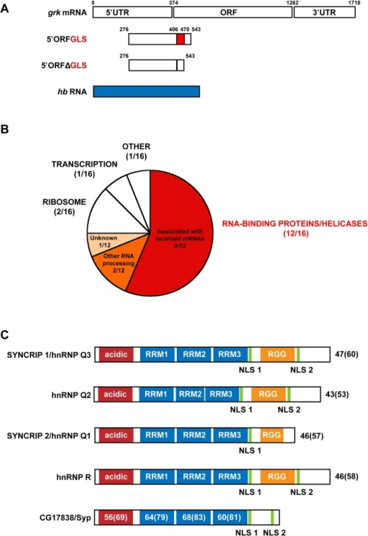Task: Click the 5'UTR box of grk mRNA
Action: pyautogui.click(x=132, y=13)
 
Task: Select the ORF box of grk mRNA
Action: pyautogui.click(x=233, y=13)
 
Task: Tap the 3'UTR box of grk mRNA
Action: pyautogui.click(x=325, y=13)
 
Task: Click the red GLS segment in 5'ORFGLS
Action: pyautogui.click(x=180, y=39)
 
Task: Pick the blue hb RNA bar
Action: pyautogui.click(x=147, y=92)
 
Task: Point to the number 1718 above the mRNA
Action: pyautogui.click(x=354, y=3)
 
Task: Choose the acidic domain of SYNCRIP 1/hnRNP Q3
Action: pyautogui.click(x=116, y=354)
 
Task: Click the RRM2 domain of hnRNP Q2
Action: pyautogui.click(x=190, y=394)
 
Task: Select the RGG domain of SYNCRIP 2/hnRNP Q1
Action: pyautogui.click(x=272, y=435)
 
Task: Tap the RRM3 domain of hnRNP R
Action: pyautogui.click(x=229, y=476)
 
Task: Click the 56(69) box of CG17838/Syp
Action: pyautogui.click(x=116, y=517)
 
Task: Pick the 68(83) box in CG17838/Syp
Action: pyautogui.click(x=193, y=517)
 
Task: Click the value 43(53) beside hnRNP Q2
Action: pyautogui.click(x=337, y=394)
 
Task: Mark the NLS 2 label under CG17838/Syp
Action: pyautogui.click(x=275, y=532)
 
